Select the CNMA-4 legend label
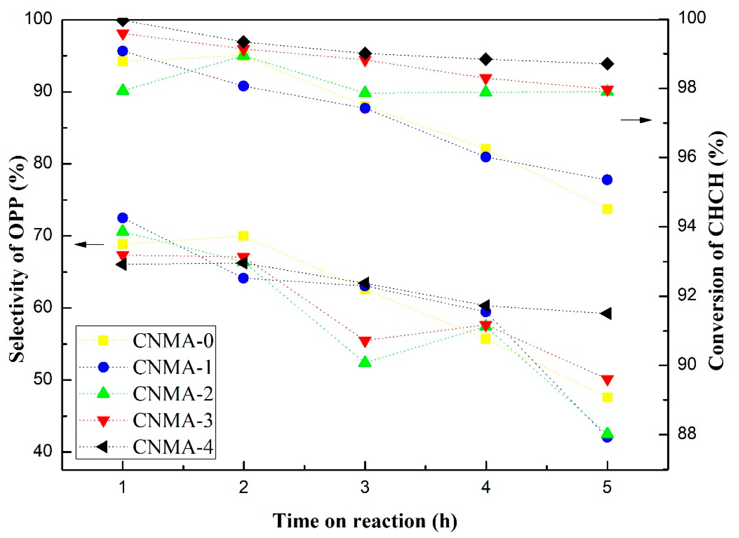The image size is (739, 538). click(173, 447)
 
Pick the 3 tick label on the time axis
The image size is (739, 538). click(365, 488)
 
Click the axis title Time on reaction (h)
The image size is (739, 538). click(365, 521)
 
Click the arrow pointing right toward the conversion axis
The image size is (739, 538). click(636, 120)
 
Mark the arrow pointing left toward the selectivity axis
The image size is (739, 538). click(89, 244)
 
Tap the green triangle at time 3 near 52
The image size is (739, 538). click(365, 362)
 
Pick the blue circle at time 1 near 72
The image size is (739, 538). click(122, 217)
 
